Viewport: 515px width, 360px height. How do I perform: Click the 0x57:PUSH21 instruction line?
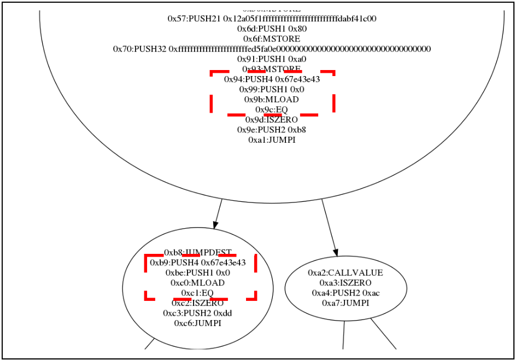pos(272,19)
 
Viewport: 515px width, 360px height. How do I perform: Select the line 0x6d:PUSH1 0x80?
pos(272,28)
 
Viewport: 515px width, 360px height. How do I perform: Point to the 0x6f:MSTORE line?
pos(272,39)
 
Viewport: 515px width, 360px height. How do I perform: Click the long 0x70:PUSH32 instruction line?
pos(272,49)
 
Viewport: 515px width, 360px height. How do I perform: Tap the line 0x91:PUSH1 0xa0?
pos(272,59)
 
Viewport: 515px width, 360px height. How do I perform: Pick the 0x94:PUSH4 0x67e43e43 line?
pos(272,79)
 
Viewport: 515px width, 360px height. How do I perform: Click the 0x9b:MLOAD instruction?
pos(272,100)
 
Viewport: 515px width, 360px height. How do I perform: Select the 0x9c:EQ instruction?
pos(272,109)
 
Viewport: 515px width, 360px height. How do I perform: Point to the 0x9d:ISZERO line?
pos(272,120)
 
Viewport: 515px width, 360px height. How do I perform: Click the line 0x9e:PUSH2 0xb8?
pos(272,130)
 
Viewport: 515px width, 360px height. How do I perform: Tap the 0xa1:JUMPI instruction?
pos(272,140)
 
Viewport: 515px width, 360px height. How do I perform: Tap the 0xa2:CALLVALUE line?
pos(346,272)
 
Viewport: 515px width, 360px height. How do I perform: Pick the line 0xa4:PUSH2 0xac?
pos(346,293)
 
